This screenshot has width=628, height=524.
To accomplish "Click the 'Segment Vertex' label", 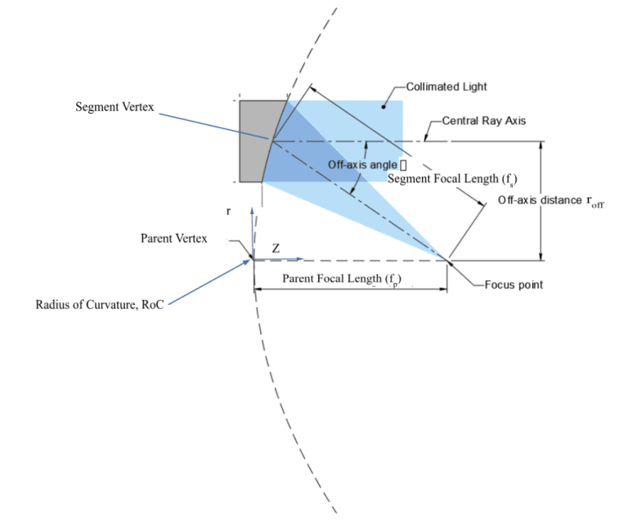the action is coord(114,107).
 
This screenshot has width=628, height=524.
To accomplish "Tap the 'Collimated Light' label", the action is coord(446,87).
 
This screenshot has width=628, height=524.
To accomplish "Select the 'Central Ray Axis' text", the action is coord(484,120).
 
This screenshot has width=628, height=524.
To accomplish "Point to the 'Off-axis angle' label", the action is coord(362,164).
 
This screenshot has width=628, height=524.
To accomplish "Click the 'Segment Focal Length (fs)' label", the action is coord(452,179).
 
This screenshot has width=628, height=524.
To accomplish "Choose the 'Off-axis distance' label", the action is coord(540,199).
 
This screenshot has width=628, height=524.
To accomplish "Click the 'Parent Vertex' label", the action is coord(174,238).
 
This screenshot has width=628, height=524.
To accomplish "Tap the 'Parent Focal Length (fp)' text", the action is coord(342,279).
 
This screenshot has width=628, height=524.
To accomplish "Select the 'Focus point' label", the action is coord(514,284).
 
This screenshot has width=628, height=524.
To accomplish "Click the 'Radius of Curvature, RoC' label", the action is coord(100,305).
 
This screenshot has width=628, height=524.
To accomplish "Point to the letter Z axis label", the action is coord(276,249).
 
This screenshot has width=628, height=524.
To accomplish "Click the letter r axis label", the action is coord(228,211).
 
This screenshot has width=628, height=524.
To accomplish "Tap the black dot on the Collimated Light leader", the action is coord(384,107).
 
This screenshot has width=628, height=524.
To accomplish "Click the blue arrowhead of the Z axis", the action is coord(299,259).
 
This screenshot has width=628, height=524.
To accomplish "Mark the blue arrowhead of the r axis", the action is coord(252,212).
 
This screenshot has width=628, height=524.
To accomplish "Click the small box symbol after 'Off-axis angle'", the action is coord(403,165).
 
